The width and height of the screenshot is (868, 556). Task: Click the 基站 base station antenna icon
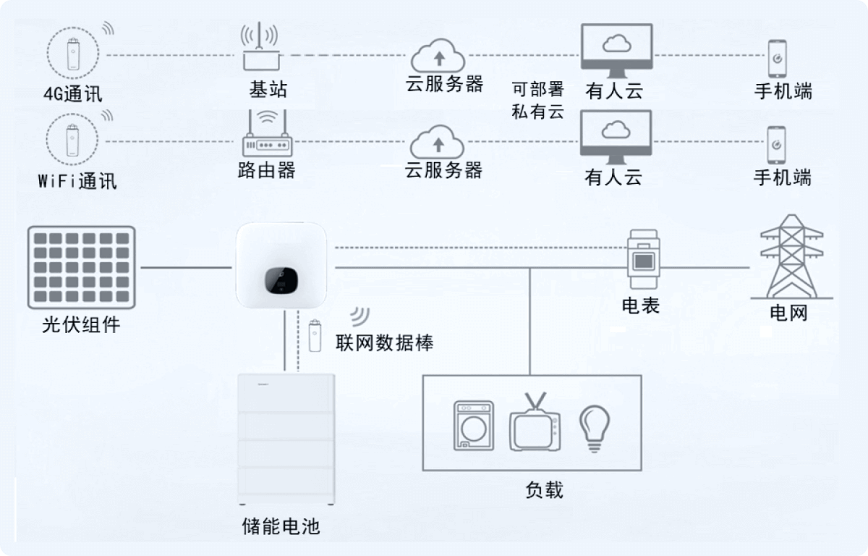[x=259, y=48]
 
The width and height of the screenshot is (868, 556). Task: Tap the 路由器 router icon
[x=265, y=135]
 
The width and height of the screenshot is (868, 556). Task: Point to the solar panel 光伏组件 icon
[x=82, y=267]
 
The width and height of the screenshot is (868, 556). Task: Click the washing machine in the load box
[x=474, y=426]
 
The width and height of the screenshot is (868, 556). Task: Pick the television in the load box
[x=535, y=426]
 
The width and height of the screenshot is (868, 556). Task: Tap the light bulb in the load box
[x=594, y=426]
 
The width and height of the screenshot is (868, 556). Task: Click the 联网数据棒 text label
[x=384, y=342]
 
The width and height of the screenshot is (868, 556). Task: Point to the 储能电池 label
[x=281, y=525]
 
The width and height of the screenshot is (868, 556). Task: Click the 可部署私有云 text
[x=537, y=100]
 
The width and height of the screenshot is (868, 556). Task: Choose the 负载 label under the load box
[x=543, y=490]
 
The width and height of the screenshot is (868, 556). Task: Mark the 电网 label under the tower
[x=788, y=313]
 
